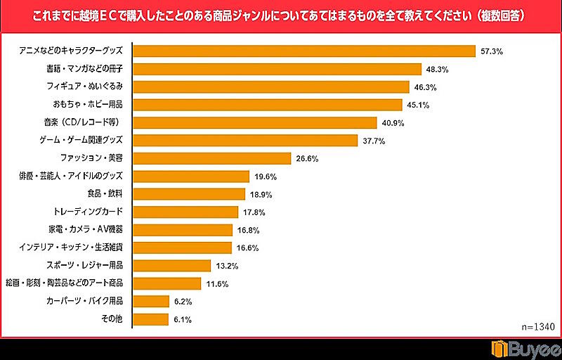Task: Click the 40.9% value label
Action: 393,123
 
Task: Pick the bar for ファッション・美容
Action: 211,158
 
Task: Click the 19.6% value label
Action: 266,176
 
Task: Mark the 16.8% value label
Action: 248,230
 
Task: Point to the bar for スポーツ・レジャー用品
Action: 172,265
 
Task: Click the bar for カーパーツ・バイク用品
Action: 151,301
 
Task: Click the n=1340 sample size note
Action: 538,327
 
